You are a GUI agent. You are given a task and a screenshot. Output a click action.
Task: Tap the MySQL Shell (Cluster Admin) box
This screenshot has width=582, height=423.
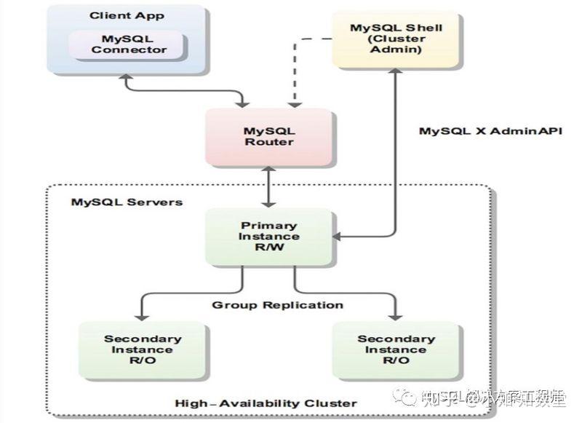click(396, 39)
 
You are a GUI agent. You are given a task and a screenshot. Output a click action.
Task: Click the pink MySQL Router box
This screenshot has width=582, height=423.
click(268, 137)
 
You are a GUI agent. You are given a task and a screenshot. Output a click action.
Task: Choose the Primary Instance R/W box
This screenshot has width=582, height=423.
click(268, 237)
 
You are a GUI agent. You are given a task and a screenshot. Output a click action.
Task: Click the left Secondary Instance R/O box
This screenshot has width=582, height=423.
click(142, 350)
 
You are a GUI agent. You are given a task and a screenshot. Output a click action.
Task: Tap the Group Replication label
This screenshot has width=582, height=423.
click(277, 304)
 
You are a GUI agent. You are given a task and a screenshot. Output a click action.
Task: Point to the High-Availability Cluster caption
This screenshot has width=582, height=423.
click(266, 403)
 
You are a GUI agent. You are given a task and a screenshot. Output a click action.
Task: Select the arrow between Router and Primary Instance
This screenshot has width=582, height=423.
click(268, 186)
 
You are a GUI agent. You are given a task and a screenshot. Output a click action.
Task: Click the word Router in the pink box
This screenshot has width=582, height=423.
click(268, 143)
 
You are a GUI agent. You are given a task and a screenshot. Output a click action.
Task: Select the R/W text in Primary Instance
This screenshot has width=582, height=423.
click(268, 248)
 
